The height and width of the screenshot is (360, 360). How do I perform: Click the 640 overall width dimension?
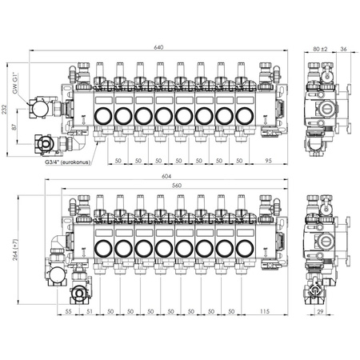(158, 47)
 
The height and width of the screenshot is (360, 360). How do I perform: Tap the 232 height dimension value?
(4, 109)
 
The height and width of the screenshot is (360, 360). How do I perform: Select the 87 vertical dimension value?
(14, 126)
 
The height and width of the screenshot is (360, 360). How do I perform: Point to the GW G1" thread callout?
(15, 82)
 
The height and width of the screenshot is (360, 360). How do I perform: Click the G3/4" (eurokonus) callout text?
(68, 162)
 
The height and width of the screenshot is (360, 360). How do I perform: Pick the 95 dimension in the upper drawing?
(268, 161)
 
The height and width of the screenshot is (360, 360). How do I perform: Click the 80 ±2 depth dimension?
(320, 49)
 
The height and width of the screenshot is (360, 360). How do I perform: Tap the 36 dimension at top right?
(343, 49)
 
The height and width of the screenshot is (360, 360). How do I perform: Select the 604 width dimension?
(166, 176)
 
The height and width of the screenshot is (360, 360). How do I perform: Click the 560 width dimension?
(177, 186)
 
